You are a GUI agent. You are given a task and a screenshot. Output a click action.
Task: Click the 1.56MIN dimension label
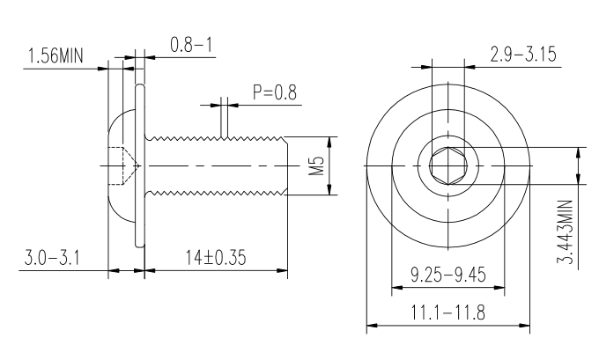(55, 55)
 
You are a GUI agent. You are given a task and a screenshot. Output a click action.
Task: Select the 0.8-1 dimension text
(191, 45)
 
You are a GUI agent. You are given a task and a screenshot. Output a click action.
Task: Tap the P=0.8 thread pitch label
(274, 92)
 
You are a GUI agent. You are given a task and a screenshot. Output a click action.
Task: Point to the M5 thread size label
(316, 165)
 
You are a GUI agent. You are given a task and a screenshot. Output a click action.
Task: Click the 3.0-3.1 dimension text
(52, 257)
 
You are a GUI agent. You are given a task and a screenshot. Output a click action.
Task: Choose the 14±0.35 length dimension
(216, 257)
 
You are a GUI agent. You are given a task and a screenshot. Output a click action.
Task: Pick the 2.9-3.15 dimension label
(523, 55)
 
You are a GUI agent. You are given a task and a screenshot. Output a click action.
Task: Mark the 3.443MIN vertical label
(566, 232)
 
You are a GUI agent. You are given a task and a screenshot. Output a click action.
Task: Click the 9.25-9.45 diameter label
(448, 275)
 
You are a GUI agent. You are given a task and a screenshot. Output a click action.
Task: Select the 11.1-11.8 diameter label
(447, 312)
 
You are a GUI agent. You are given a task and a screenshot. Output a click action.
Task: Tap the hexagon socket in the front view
(448, 165)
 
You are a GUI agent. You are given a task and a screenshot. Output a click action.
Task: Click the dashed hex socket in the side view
(124, 165)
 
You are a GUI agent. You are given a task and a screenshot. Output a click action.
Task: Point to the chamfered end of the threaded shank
(285, 165)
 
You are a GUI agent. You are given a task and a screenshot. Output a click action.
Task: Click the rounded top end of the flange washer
(140, 87)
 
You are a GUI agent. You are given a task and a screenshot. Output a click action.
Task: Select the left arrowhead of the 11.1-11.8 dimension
(372, 326)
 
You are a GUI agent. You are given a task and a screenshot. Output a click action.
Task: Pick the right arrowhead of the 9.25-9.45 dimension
(499, 288)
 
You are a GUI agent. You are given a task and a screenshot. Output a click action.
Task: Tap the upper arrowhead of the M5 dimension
(330, 142)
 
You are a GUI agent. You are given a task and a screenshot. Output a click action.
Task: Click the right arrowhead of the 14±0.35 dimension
(282, 271)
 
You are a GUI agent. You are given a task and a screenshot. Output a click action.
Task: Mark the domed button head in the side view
(122, 165)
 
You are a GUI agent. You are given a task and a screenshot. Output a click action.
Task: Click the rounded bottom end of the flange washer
(140, 245)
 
